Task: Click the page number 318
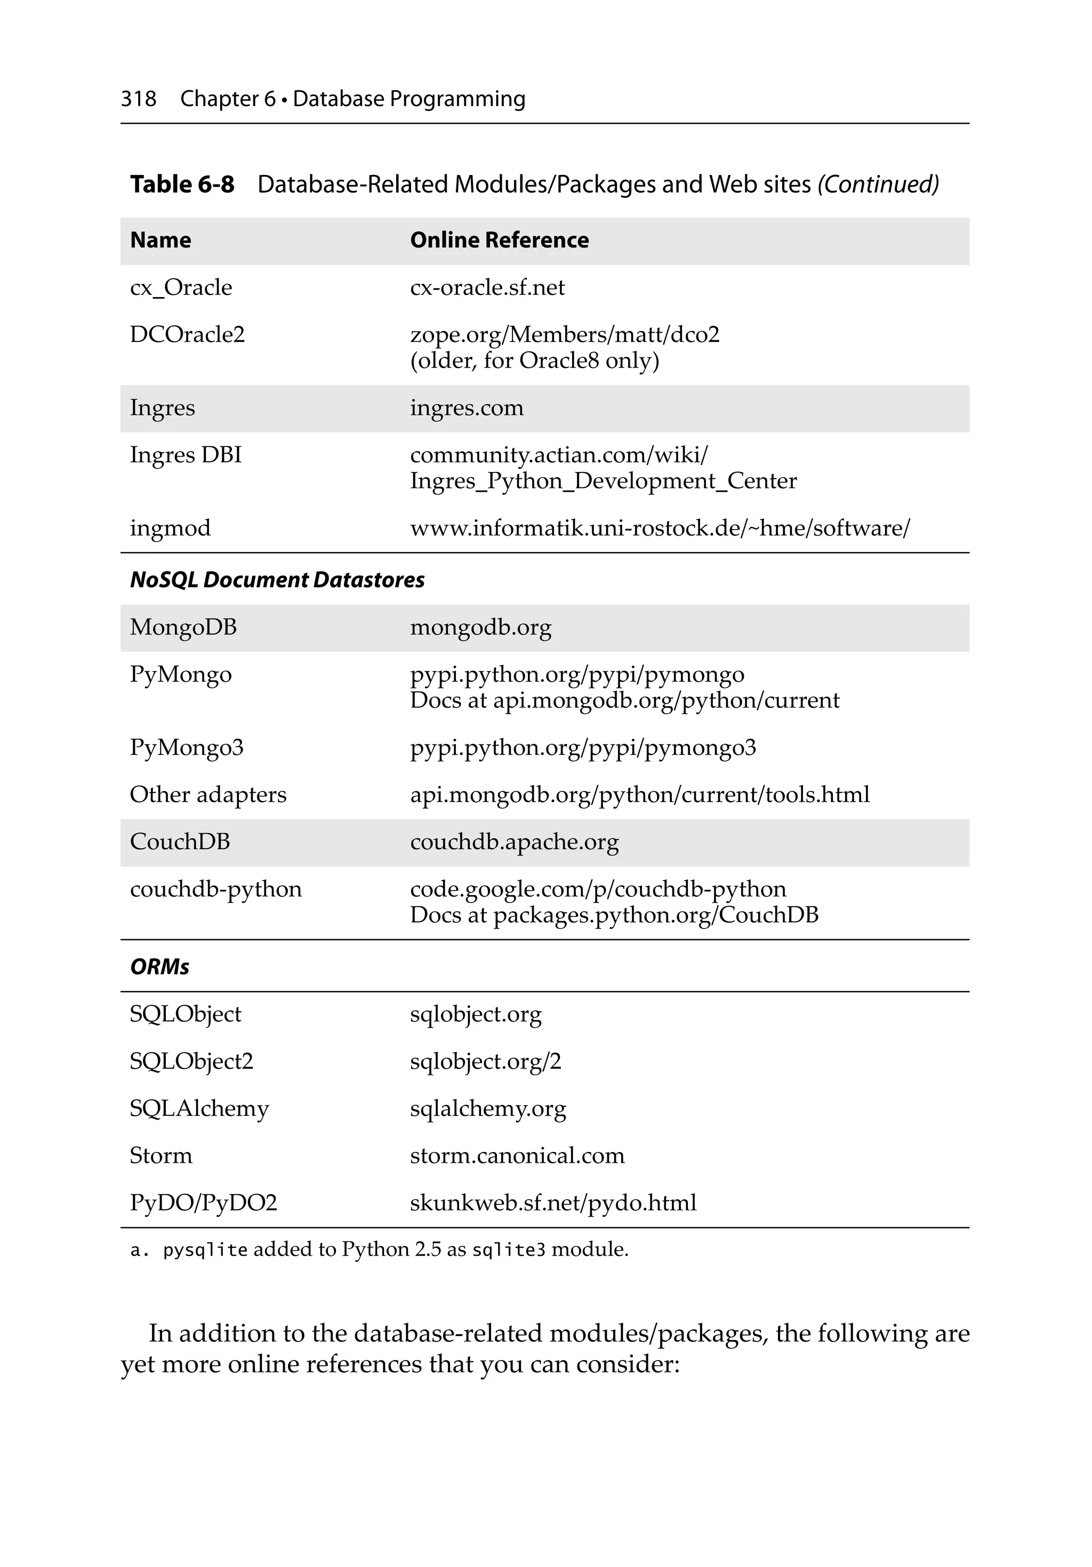tap(139, 99)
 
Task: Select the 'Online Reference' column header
tap(499, 240)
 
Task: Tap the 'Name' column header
tap(160, 240)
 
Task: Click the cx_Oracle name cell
tap(181, 287)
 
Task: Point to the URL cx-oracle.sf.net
tap(487, 287)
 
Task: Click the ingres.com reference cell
tap(467, 408)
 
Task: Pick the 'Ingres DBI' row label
tap(186, 455)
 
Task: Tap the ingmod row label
tap(170, 528)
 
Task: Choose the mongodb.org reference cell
tap(480, 627)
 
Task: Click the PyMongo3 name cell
tap(186, 747)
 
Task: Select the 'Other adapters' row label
tap(208, 794)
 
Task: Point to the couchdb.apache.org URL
tap(514, 842)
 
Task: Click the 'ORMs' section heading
tap(160, 967)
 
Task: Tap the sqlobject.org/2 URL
tap(485, 1061)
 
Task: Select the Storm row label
tap(161, 1155)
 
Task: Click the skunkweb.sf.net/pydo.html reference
tap(553, 1203)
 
